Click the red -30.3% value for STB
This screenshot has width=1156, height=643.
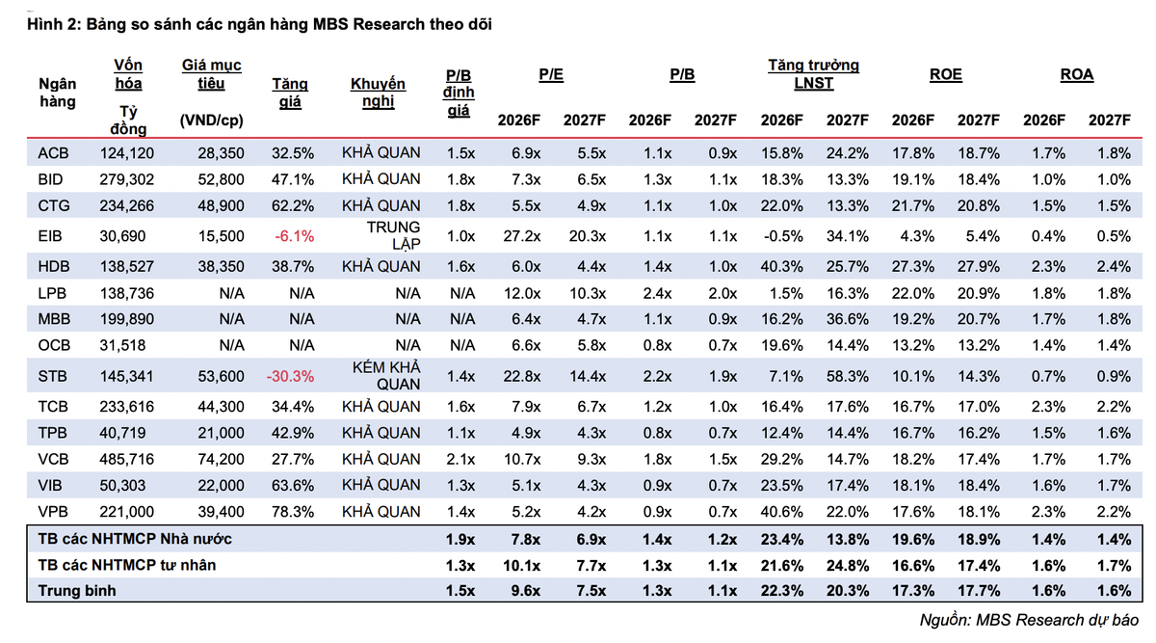point(290,376)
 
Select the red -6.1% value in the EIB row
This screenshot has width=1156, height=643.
point(294,236)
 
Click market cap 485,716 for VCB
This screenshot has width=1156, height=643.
point(127,459)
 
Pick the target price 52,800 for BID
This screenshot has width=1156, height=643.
point(221,179)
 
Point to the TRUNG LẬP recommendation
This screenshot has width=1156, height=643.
point(394,235)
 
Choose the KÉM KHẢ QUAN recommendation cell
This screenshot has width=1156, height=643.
point(386,375)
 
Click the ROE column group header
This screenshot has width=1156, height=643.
point(945,74)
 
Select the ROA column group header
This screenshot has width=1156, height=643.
point(1077,74)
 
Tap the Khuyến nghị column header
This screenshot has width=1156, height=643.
point(379,92)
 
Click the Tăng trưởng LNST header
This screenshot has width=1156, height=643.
point(813,74)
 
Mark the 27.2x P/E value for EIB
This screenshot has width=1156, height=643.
point(522,236)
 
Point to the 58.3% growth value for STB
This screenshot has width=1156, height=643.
point(848,376)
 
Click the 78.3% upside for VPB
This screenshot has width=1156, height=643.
point(293,512)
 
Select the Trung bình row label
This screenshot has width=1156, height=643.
point(77,590)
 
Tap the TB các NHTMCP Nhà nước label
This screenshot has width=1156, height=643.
point(135,539)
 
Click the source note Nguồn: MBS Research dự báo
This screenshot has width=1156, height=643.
point(1029,620)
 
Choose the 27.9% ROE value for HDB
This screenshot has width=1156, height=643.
point(979,266)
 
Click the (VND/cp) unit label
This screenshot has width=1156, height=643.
point(212,121)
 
